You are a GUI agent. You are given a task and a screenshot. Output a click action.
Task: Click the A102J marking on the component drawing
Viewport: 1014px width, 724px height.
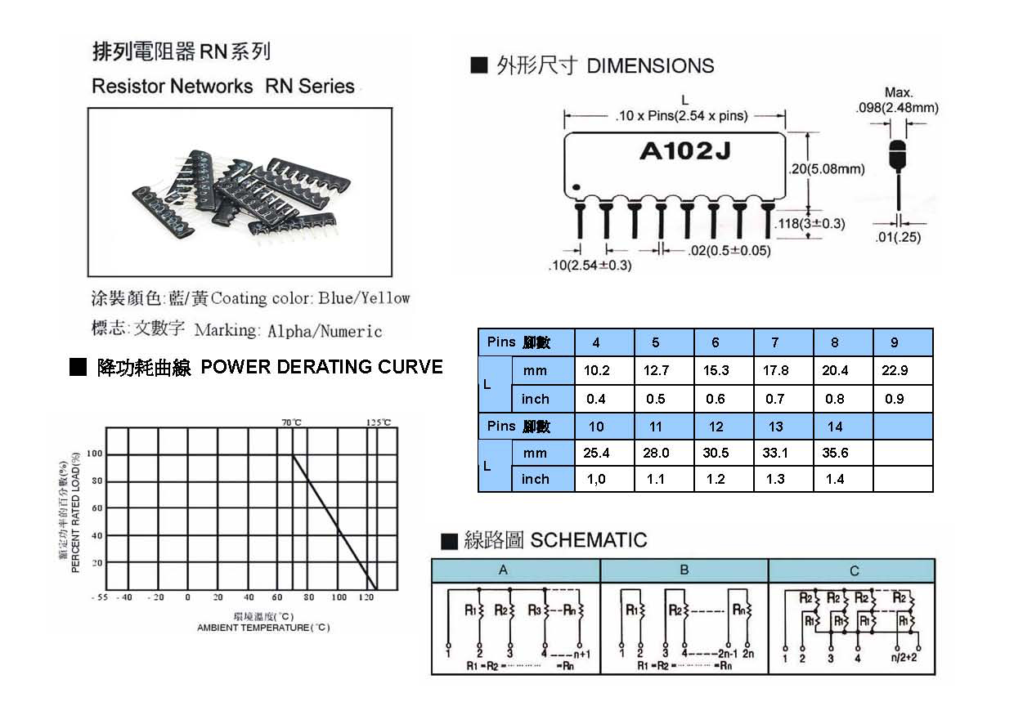(x=675, y=152)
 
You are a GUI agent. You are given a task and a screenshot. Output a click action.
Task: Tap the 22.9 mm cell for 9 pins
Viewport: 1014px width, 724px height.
(x=895, y=370)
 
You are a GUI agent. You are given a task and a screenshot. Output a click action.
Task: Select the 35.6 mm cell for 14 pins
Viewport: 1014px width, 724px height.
(x=835, y=453)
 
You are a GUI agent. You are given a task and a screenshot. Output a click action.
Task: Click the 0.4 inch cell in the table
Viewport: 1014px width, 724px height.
(x=596, y=399)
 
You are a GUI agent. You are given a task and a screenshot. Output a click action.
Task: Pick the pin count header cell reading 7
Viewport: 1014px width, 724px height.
(x=775, y=342)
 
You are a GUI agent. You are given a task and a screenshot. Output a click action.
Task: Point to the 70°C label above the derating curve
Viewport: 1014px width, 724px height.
(x=292, y=422)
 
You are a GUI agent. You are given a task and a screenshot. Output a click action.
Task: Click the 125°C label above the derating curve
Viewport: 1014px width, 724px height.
(x=378, y=422)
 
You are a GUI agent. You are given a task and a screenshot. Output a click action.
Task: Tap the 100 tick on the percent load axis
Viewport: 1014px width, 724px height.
(x=96, y=454)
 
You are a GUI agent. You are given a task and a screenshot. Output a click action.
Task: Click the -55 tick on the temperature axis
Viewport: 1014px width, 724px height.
(x=100, y=597)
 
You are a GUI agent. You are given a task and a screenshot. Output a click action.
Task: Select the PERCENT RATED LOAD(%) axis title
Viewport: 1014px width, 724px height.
(x=74, y=515)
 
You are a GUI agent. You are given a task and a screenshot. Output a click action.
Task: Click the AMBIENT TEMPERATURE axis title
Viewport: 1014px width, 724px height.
(x=263, y=628)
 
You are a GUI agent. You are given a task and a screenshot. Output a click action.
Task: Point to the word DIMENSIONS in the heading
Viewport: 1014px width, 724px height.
(x=650, y=66)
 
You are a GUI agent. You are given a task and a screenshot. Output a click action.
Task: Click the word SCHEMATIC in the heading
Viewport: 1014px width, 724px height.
(x=589, y=540)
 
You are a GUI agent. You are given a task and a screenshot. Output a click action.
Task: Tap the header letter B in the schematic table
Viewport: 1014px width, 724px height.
(x=684, y=570)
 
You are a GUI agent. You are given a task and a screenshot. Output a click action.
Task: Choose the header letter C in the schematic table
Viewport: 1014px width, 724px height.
(x=855, y=570)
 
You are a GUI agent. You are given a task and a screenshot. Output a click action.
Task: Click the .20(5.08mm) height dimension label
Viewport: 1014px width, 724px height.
(x=826, y=169)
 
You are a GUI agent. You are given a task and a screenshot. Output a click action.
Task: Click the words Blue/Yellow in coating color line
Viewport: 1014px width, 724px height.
(x=364, y=298)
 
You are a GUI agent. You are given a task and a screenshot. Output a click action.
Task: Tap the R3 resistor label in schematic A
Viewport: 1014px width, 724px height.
(x=534, y=610)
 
